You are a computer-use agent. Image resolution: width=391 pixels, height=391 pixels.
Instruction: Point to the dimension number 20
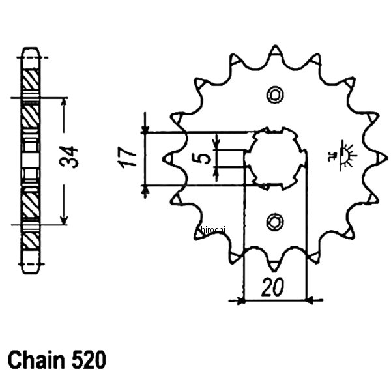(274, 287)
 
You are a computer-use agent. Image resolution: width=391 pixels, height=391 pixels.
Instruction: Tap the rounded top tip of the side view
(31, 50)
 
